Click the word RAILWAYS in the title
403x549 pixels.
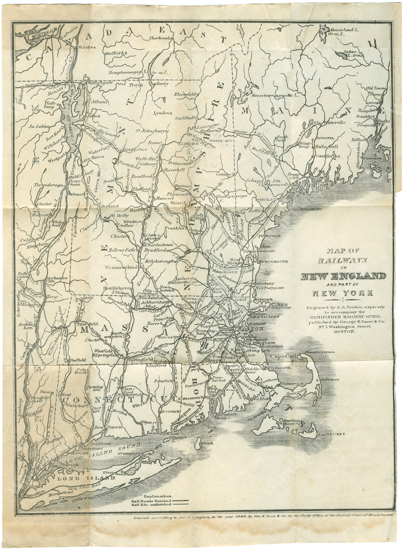(342, 260)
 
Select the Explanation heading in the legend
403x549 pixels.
(151, 496)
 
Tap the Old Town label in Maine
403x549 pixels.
(375, 88)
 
